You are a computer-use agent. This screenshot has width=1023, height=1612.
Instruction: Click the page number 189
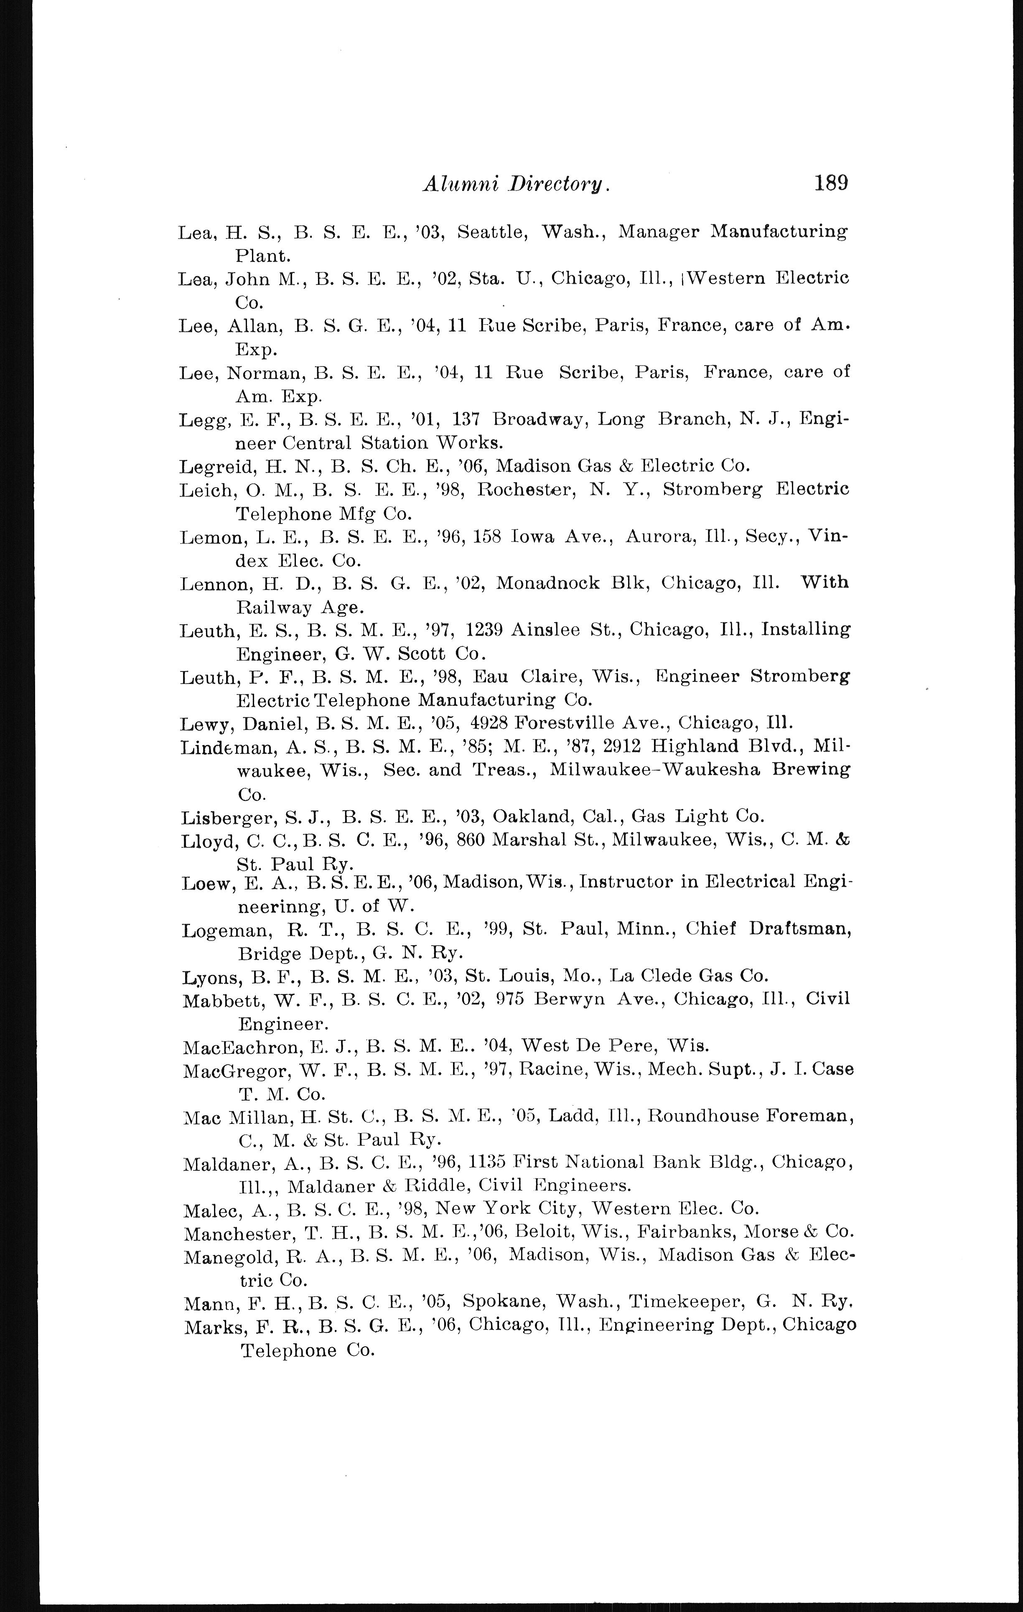(831, 182)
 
